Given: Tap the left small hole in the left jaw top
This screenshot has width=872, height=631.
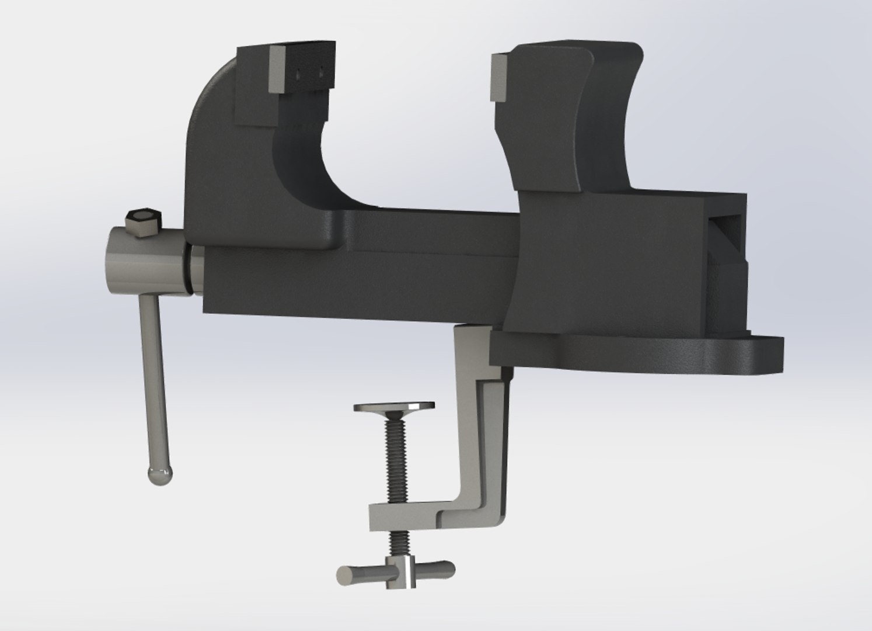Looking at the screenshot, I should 299,74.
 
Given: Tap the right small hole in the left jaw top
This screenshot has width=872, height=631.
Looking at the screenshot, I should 320,73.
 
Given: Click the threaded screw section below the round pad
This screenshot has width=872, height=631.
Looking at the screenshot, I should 393,456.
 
